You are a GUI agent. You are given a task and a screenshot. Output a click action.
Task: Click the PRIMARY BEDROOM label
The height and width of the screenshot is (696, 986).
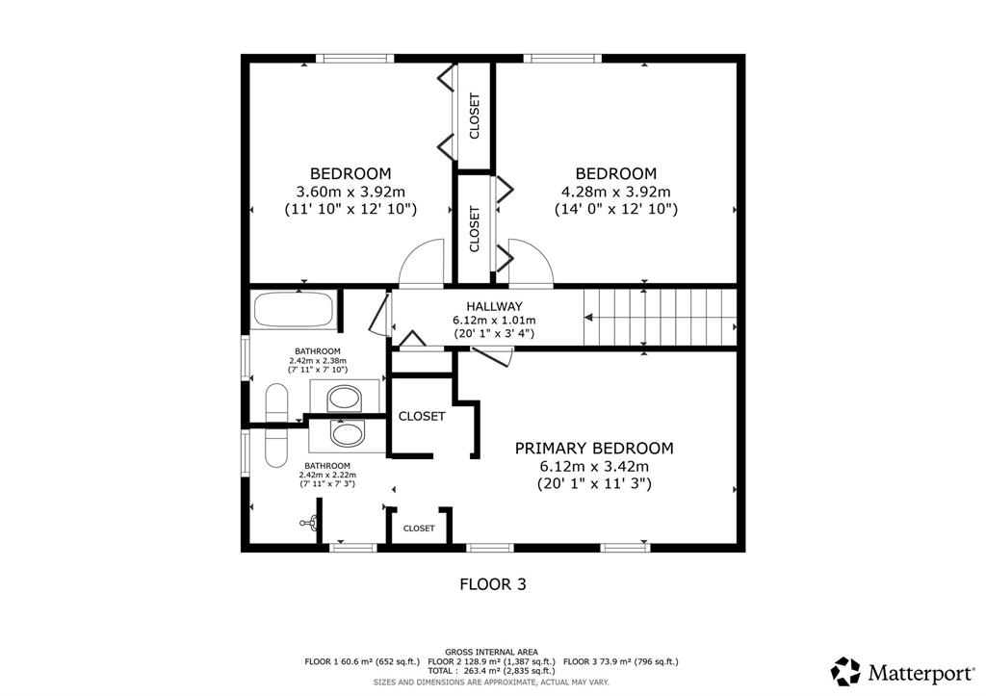[x=593, y=449]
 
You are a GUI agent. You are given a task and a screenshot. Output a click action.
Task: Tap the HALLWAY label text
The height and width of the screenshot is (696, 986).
[x=494, y=307]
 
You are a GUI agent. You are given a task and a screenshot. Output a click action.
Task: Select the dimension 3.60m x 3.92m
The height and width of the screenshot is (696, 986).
[x=350, y=192]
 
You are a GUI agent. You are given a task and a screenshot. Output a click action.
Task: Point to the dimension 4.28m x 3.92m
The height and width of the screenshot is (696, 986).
[x=615, y=192]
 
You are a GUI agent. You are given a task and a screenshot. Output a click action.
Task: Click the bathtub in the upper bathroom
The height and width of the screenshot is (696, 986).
[x=293, y=309]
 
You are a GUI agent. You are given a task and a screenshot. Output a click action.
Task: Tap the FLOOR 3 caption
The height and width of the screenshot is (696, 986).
[x=493, y=584]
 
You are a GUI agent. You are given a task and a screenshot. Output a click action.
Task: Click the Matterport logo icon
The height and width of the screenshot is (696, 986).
[x=845, y=672]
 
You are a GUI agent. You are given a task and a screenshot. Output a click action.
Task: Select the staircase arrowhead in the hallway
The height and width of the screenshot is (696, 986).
[x=588, y=318]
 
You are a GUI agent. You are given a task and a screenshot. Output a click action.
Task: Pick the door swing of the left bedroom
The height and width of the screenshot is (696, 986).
[x=422, y=264]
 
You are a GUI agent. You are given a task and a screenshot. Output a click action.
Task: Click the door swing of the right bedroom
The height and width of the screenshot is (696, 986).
[x=532, y=264]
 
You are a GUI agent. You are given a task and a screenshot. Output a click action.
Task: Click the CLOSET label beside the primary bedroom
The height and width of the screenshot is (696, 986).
[x=422, y=416]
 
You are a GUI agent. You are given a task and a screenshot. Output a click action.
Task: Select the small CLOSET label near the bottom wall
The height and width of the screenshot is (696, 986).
[x=419, y=528]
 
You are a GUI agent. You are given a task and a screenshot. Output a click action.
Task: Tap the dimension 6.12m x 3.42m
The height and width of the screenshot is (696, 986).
[x=594, y=467]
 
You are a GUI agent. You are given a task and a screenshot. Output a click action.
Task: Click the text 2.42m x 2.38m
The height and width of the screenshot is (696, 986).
[x=318, y=361]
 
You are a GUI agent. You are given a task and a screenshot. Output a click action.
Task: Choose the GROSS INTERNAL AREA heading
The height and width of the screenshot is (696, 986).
[x=492, y=652]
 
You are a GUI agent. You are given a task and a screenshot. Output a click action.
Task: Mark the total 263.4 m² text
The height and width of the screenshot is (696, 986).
[x=480, y=671]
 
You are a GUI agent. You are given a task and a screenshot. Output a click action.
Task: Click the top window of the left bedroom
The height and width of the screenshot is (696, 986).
[x=355, y=59]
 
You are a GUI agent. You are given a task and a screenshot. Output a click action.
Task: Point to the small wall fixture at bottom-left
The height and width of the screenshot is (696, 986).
[x=310, y=522]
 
